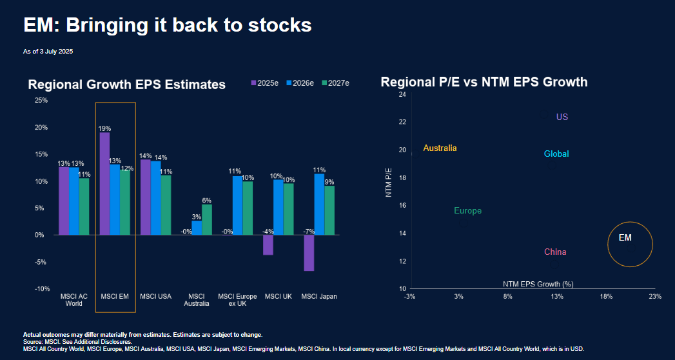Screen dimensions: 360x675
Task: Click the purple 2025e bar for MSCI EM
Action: pos(104,183)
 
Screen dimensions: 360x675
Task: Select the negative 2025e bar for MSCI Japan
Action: pos(309,253)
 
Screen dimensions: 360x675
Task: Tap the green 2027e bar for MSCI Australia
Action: pos(206,219)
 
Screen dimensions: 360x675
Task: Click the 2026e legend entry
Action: pos(303,83)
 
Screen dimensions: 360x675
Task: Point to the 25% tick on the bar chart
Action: pos(41,101)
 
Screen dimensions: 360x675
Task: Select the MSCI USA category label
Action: pos(156,297)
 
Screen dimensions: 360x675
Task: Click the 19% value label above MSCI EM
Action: pos(104,128)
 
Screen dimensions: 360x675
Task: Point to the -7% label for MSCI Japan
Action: pos(309,231)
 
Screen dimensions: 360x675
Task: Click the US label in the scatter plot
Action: pos(562,117)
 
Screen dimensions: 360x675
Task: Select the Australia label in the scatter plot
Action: pos(440,148)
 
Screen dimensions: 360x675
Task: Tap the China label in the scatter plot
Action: pos(555,252)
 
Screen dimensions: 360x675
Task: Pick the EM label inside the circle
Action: pos(625,238)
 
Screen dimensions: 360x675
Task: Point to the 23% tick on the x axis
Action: pos(655,297)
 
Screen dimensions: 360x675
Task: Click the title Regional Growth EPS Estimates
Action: pos(126,85)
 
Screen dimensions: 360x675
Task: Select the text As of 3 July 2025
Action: pos(48,51)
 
